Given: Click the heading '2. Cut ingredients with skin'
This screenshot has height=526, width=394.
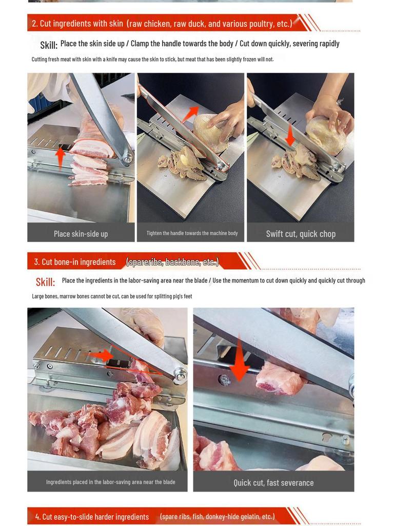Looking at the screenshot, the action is (77, 24).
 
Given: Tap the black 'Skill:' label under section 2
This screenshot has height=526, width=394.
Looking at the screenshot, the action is (49, 45).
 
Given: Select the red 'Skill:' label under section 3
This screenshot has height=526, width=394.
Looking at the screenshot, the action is (45, 282).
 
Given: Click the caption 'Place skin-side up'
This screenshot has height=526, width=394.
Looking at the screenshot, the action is (81, 234).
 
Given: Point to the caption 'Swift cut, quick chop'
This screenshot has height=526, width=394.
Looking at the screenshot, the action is (301, 234).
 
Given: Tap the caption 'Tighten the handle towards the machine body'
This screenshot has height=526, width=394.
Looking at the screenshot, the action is (192, 233).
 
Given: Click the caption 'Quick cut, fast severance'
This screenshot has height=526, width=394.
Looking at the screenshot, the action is (273, 483).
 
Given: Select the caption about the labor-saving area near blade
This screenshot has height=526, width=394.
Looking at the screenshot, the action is (111, 482).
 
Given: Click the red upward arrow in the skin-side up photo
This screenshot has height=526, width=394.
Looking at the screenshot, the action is (60, 158).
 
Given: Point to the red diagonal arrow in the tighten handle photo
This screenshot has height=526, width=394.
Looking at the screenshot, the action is (190, 114).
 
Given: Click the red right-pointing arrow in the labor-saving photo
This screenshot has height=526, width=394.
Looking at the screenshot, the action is (102, 355).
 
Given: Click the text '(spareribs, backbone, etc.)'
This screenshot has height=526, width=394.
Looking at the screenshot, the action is (172, 262).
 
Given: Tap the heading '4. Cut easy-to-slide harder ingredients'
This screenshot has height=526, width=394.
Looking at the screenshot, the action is (92, 517).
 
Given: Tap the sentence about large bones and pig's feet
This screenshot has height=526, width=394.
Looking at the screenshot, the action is (112, 296).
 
